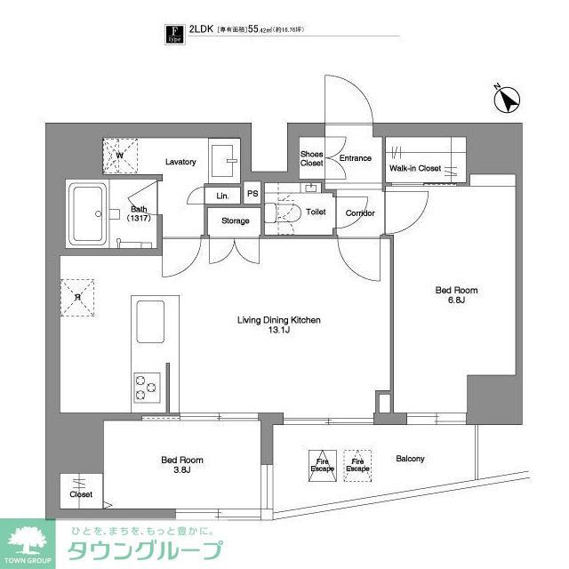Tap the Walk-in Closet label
tap(415, 168)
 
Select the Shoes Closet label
tap(311, 157)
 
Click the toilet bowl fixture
tap(285, 214)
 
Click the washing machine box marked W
tap(119, 155)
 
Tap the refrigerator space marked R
tap(78, 298)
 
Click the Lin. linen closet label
tap(222, 195)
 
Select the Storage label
tap(236, 220)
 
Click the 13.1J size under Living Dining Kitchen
tap(278, 331)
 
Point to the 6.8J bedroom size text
tap(455, 301)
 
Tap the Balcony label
tap(411, 459)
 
